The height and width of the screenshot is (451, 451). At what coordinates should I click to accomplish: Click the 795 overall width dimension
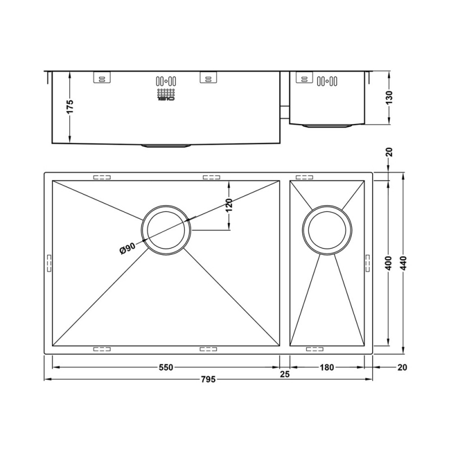[209, 378]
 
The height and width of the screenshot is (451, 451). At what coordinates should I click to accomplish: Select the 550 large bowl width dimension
[165, 368]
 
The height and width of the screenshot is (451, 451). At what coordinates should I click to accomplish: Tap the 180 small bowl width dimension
[327, 368]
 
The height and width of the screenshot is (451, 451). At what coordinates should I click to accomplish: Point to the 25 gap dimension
[285, 374]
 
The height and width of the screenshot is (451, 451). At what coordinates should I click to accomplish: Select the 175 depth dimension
[70, 107]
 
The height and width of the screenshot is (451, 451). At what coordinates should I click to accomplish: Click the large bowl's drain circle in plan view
[166, 228]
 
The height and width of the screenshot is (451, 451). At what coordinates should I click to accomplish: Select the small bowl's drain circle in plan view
[328, 229]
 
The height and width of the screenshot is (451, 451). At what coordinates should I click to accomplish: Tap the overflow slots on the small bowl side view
[328, 80]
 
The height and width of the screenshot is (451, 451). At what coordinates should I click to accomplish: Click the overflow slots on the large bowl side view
[167, 80]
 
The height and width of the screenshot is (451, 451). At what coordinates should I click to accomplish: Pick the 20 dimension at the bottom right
[401, 368]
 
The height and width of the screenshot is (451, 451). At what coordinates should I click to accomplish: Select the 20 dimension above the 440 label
[389, 153]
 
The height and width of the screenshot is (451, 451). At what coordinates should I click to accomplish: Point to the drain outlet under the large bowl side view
[166, 146]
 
